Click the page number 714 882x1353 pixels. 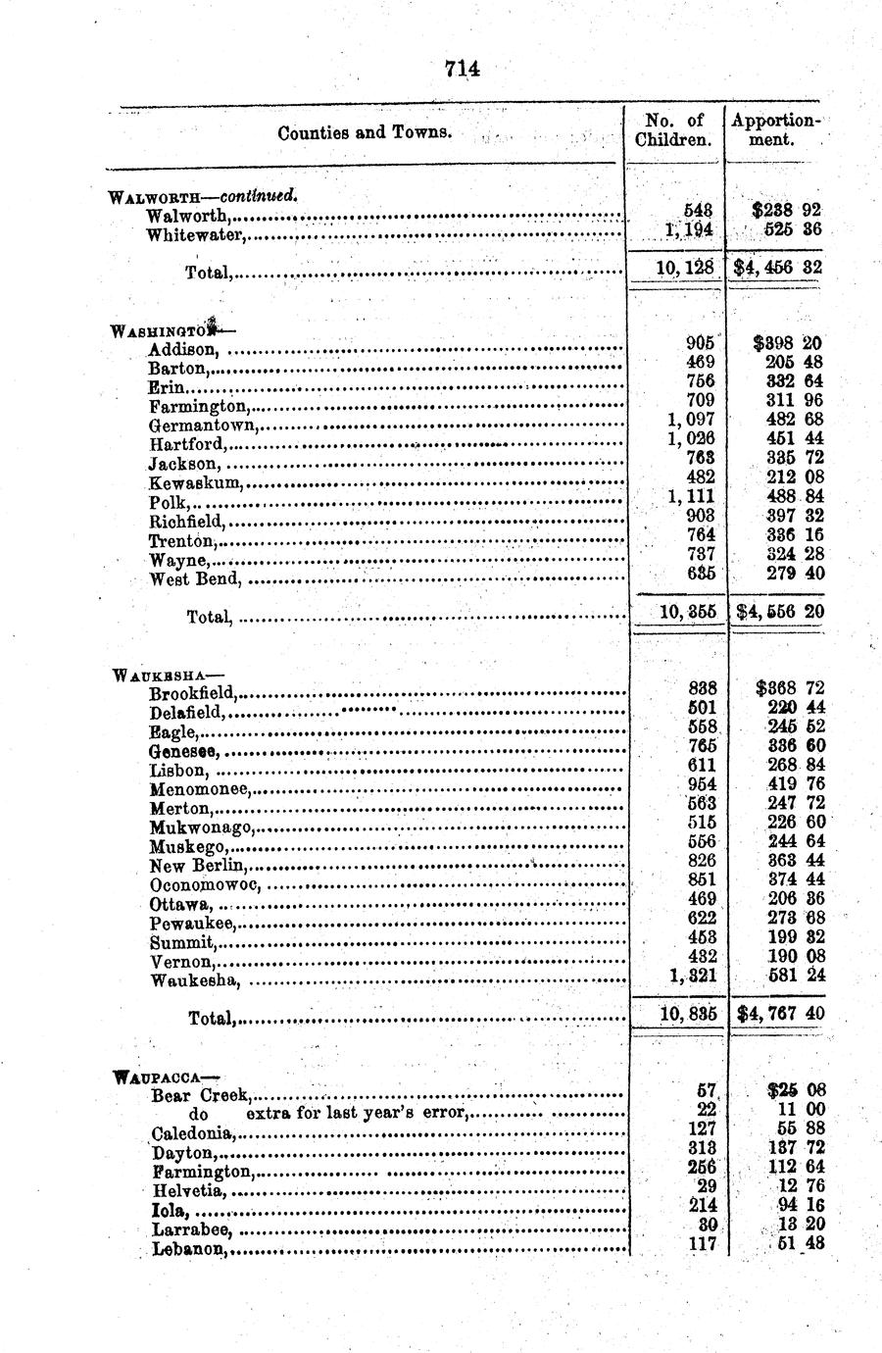point(462,69)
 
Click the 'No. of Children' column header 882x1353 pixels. point(673,130)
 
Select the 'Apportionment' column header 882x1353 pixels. point(774,130)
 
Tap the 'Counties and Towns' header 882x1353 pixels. point(365,132)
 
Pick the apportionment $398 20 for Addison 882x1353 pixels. point(787,343)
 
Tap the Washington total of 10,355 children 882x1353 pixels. point(687,611)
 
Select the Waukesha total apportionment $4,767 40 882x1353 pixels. point(779,1013)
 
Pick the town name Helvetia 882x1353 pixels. point(188,1191)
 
